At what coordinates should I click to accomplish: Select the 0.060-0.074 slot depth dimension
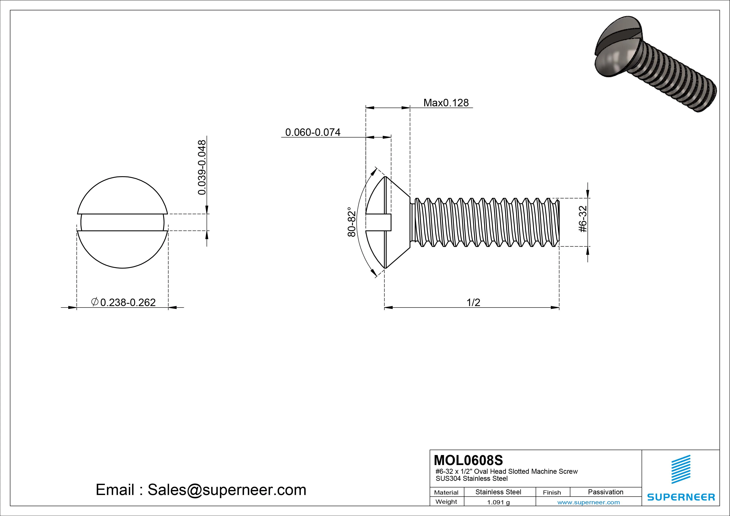pos(313,132)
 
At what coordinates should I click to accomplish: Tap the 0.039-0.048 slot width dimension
pos(202,167)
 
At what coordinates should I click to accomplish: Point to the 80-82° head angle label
pos(351,222)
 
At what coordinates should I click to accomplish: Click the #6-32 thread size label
pos(583,219)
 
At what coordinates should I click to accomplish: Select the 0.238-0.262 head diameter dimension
pos(128,302)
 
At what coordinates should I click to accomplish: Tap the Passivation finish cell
pos(605,492)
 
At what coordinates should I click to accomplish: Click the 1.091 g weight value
pos(498,502)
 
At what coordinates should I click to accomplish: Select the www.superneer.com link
pos(588,502)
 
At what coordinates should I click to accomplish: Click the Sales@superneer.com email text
pos(227,490)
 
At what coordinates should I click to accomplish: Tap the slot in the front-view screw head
pos(122,222)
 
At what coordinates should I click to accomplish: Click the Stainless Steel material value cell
pos(498,492)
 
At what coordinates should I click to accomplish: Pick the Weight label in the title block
pos(446,502)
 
